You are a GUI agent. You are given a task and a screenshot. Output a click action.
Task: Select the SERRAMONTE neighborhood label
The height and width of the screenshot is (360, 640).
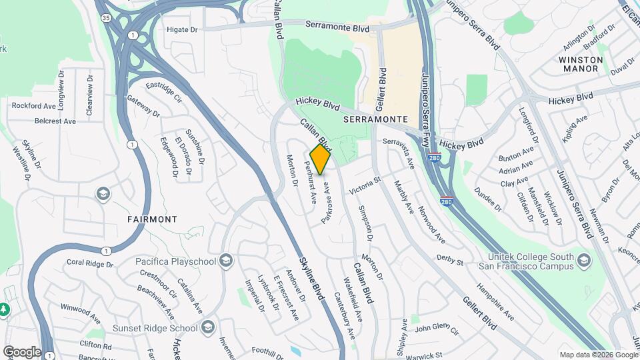tap(375, 119)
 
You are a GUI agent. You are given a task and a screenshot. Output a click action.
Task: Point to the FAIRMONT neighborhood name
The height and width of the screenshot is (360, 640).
tap(153, 219)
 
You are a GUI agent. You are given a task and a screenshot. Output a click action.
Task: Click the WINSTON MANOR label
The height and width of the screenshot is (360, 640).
tap(581, 64)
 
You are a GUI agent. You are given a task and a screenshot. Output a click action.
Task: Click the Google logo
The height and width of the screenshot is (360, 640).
tap(22, 352)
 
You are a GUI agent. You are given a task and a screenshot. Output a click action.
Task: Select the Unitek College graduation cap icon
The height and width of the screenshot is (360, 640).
tap(585, 259)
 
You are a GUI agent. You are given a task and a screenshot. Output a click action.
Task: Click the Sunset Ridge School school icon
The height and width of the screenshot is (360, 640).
tap(209, 327)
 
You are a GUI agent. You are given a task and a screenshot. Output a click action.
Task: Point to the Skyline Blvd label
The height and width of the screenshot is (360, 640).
tap(311, 277)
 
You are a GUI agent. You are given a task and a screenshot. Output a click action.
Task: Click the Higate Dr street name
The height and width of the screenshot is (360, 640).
tap(182, 30)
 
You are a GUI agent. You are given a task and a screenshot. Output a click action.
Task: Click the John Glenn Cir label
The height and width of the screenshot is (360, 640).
tap(437, 329)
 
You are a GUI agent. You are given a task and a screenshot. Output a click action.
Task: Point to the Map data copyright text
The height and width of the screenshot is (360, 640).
tap(597, 355)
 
